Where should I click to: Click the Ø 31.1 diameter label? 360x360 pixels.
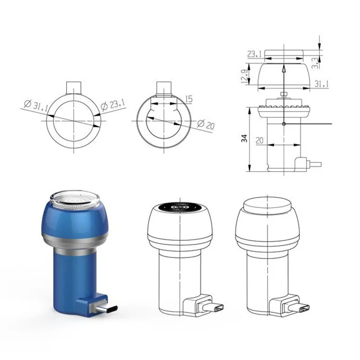pyautogui.click(x=36, y=106)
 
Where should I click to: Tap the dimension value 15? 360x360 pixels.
pyautogui.click(x=189, y=99)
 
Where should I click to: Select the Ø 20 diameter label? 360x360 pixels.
pyautogui.click(x=206, y=125)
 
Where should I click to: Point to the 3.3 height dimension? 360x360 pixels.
pyautogui.click(x=316, y=63)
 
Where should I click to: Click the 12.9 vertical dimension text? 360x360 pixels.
pyautogui.click(x=244, y=76)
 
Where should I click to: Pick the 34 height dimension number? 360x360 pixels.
pyautogui.click(x=245, y=138)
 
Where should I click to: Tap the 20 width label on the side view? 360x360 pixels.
pyautogui.click(x=260, y=140)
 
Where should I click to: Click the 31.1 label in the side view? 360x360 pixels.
pyautogui.click(x=321, y=84)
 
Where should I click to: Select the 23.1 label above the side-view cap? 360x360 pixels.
pyautogui.click(x=254, y=54)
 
